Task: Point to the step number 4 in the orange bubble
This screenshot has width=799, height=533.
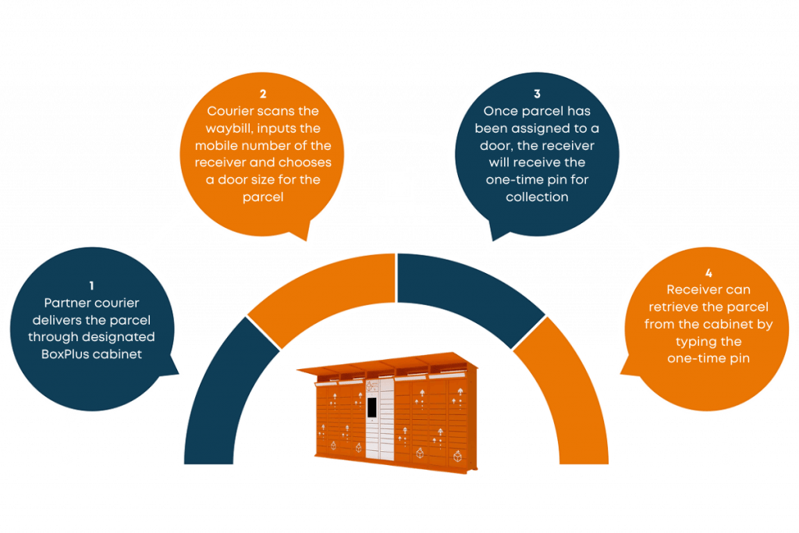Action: [x=708, y=274]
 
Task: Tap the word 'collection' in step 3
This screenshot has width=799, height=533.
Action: [x=537, y=197]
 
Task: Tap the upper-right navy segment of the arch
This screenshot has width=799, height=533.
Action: [x=476, y=289]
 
